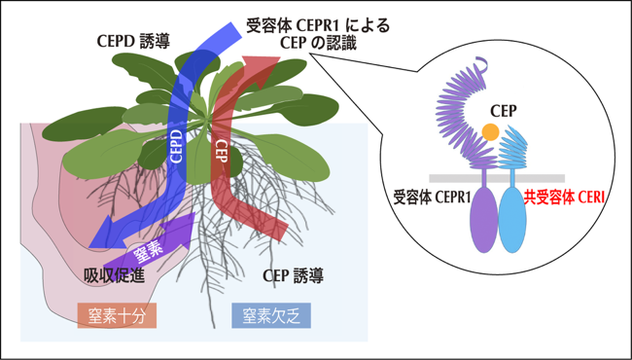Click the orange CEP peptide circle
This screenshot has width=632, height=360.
click(x=490, y=132)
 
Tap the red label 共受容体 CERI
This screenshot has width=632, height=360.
click(x=564, y=198)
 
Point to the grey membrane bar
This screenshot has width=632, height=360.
click(x=497, y=178)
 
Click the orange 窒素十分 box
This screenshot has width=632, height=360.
click(x=117, y=315)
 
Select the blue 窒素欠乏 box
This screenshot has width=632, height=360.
click(x=271, y=315)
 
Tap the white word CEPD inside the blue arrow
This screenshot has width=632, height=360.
click(x=177, y=146)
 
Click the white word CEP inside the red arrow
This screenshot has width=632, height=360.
click(x=220, y=151)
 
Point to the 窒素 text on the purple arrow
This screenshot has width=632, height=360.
click(x=148, y=253)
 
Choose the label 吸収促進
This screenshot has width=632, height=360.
click(x=114, y=276)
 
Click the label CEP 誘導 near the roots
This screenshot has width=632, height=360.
click(x=293, y=276)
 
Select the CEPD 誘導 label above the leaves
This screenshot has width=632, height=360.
click(x=133, y=42)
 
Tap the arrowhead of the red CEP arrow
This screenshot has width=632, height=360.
click(x=262, y=68)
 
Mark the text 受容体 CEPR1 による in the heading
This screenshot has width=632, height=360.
click(x=318, y=26)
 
